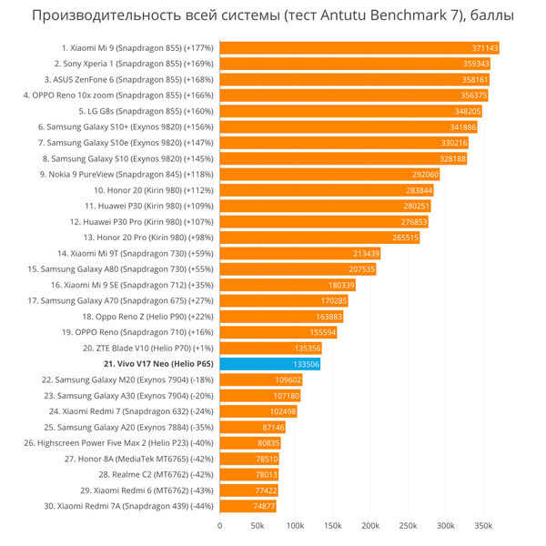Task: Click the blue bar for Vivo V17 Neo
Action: point(269,364)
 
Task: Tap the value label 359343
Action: point(476,64)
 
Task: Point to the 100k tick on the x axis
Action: point(295,526)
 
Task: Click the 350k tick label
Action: point(483,526)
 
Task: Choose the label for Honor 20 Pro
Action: point(143,238)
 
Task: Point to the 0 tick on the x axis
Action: point(220,526)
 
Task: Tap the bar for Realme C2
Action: point(249,474)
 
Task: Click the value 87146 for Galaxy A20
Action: point(273,427)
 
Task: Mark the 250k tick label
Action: point(408,526)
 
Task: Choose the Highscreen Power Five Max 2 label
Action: point(119,443)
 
